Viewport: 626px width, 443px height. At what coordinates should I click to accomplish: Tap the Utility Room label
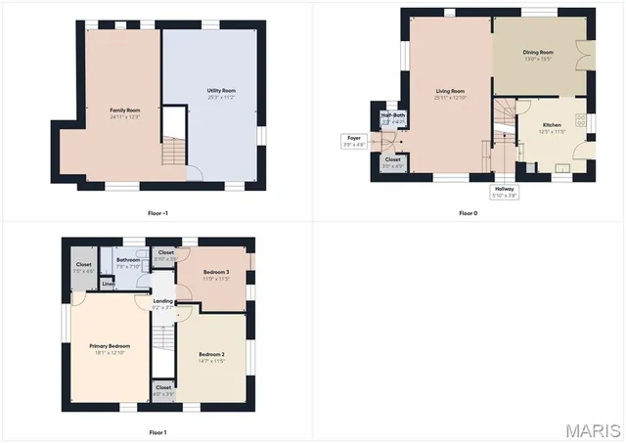[221, 93]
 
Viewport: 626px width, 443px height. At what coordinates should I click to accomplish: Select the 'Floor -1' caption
[157, 212]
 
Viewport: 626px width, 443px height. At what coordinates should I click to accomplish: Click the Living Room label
[450, 94]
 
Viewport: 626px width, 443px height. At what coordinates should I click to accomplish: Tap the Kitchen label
[552, 127]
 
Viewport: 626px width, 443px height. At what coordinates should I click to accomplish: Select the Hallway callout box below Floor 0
[505, 193]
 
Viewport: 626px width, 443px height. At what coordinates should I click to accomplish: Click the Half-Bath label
[392, 117]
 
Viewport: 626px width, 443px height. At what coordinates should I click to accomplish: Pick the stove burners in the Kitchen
[581, 120]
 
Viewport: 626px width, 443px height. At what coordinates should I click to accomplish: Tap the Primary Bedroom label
[110, 348]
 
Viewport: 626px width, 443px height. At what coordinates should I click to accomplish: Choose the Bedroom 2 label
[212, 356]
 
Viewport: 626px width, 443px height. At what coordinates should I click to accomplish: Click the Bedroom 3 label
[216, 274]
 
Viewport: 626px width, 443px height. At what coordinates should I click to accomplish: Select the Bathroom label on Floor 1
[129, 262]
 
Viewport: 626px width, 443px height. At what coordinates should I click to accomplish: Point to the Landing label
[163, 303]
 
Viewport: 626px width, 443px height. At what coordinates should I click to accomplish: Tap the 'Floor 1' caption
[157, 431]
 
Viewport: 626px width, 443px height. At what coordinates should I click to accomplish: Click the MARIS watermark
[593, 429]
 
